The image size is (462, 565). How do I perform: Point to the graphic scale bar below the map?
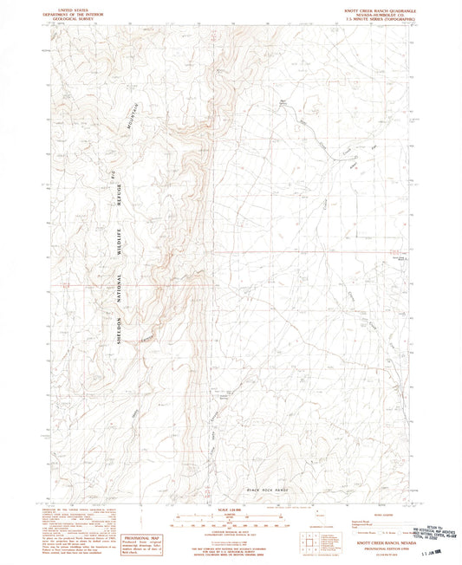[x=231, y=519]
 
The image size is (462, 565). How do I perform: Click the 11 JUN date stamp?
[x=434, y=551]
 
